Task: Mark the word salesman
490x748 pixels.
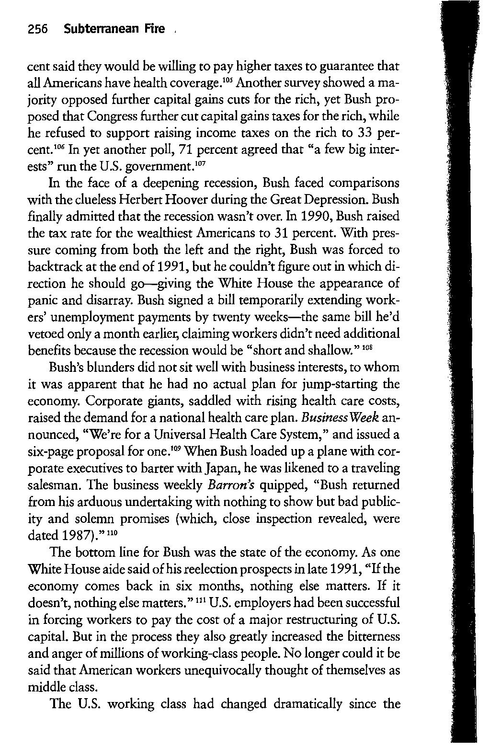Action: coord(51,484)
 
